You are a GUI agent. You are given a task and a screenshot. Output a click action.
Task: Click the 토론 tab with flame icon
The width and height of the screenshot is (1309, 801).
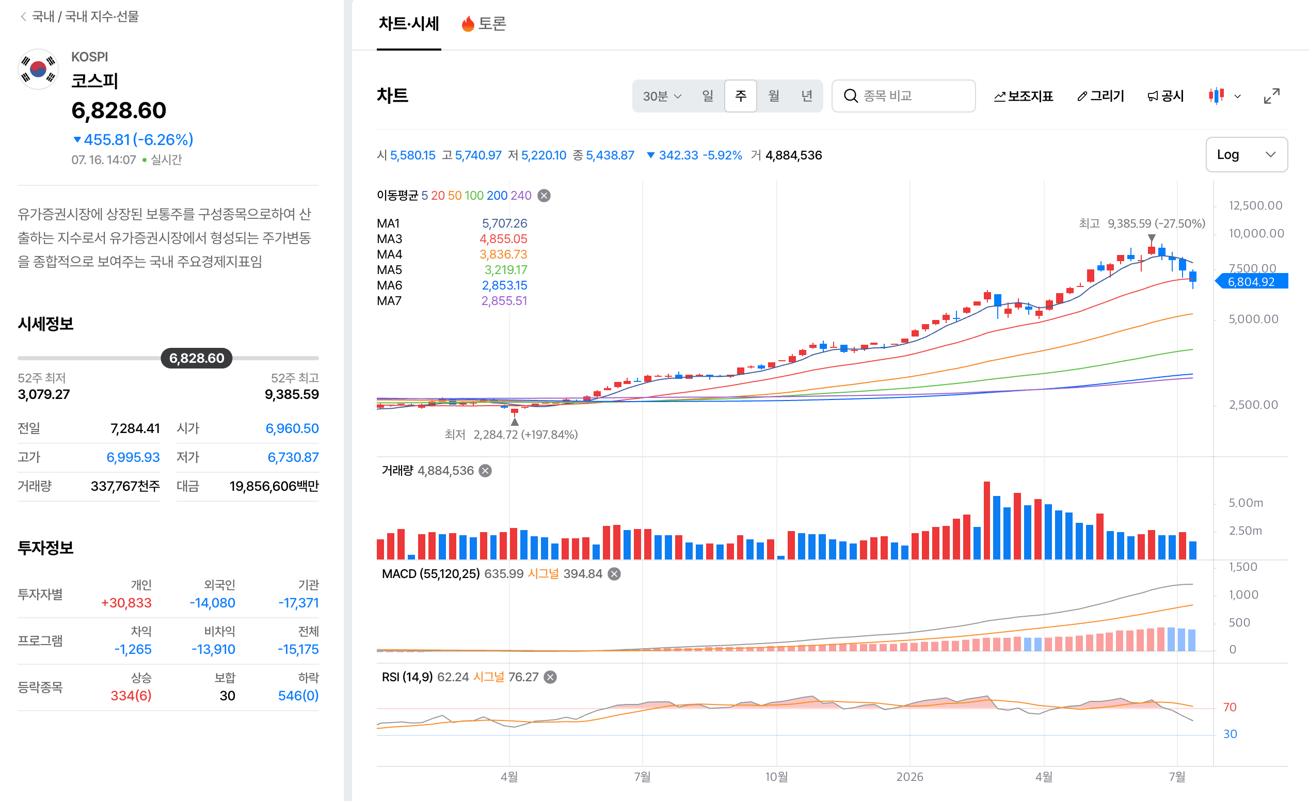coord(484,23)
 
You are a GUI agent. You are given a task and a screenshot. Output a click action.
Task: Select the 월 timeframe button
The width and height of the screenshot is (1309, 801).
coord(774,95)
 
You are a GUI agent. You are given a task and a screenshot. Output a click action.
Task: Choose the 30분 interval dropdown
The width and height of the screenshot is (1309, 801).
coord(662,96)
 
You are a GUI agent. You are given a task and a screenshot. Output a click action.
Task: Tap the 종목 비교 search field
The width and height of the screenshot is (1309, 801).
coord(903,95)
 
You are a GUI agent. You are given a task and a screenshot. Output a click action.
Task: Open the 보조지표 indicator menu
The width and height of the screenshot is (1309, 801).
coord(1023,96)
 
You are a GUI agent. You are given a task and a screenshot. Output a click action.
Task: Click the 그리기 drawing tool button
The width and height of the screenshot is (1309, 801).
coord(1100,95)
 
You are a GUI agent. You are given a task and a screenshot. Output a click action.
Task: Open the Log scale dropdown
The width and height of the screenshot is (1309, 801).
coord(1247,154)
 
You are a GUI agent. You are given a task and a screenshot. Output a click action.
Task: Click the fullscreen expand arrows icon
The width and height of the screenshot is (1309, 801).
coord(1271,96)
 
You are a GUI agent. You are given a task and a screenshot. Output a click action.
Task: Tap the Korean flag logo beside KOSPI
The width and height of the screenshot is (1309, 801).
coord(38,70)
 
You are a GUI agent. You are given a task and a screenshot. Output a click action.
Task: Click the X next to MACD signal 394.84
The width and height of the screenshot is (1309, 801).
coord(614,574)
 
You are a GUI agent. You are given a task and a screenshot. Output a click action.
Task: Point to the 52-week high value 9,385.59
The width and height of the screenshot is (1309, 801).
coord(292,394)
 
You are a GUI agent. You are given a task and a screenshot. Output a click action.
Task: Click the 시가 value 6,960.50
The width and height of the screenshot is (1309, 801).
coord(292,428)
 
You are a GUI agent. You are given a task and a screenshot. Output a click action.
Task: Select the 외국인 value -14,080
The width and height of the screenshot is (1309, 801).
coord(213,602)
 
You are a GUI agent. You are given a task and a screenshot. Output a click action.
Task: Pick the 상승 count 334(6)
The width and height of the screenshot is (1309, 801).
coord(131,695)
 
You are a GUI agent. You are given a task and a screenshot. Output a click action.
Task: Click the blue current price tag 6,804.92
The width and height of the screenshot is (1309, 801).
coord(1252,281)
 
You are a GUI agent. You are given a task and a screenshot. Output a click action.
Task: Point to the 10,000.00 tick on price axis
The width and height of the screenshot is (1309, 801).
coord(1256,233)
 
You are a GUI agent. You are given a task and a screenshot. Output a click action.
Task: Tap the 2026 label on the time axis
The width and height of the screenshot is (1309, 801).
coord(909,777)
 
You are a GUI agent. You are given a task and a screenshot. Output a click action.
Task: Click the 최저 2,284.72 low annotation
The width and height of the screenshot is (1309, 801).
coord(511,435)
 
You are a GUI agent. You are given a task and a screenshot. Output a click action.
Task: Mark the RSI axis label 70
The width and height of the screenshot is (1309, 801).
coord(1230,707)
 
